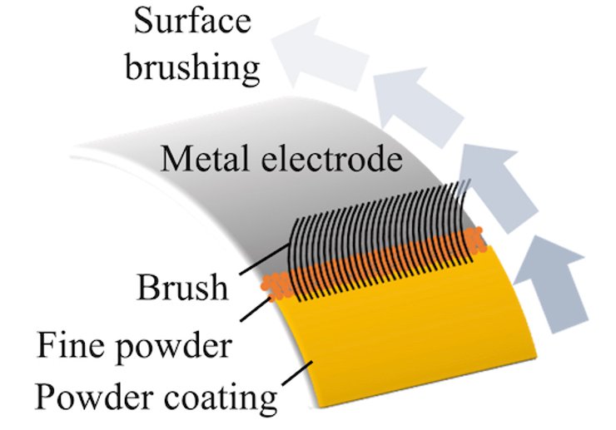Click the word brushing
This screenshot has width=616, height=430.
point(193,67)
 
